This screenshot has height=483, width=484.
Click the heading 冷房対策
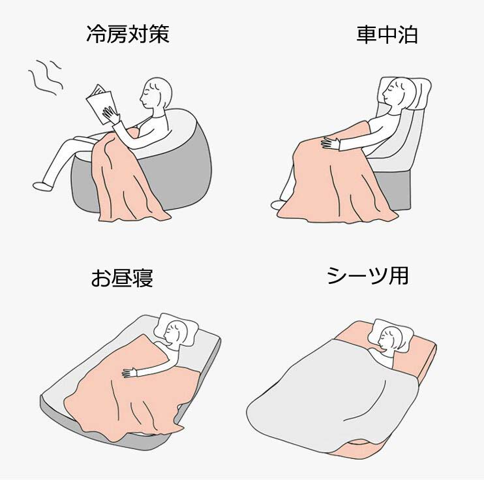128,34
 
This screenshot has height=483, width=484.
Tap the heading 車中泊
387,35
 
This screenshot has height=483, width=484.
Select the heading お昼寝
122,277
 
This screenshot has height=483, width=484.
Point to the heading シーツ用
368,275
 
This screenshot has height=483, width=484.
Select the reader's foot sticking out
42,186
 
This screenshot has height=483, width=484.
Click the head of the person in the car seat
398,93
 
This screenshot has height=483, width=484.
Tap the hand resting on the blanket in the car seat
330,144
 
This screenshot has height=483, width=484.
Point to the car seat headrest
407,93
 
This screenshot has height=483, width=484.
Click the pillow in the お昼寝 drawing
176,330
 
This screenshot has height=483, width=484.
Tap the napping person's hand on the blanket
130,373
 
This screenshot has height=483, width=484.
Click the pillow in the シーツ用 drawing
392,335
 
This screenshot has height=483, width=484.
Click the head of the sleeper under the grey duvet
389,339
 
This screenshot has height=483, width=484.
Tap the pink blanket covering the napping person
130,389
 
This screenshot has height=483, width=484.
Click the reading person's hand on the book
111,115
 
